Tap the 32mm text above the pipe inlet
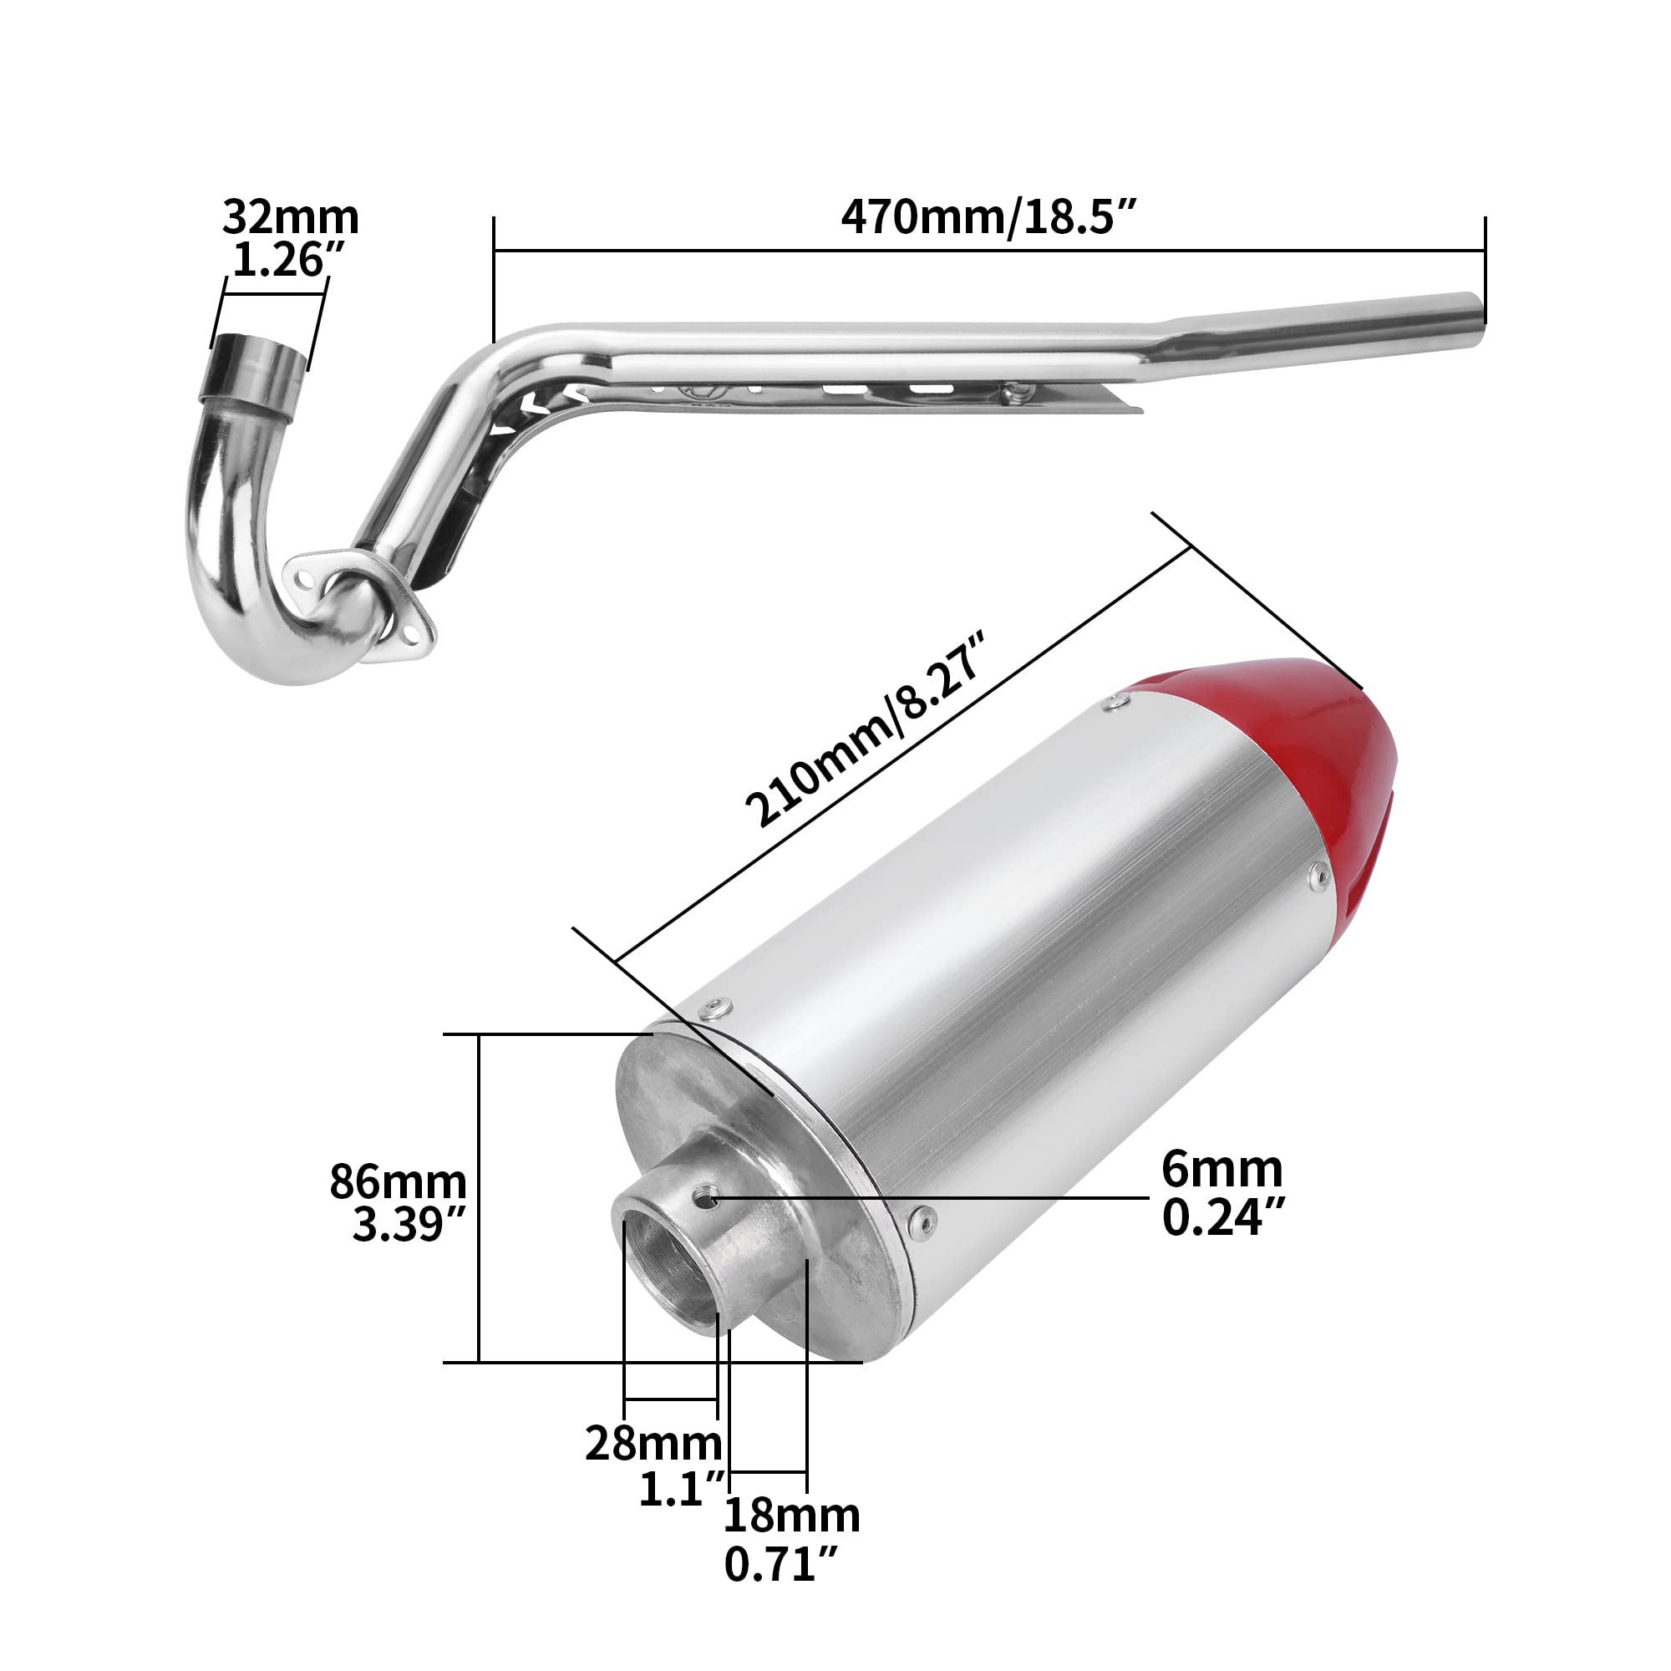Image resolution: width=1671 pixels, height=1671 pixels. (x=290, y=217)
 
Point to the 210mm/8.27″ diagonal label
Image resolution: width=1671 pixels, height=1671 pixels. (x=865, y=729)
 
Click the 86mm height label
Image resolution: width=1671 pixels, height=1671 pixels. (x=397, y=1181)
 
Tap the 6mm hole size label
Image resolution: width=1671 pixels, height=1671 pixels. (x=1222, y=1171)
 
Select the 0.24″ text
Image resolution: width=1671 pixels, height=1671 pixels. (x=1223, y=1218)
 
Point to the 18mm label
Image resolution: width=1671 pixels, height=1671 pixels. (x=790, y=1516)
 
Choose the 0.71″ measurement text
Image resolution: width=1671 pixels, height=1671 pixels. (x=781, y=1565)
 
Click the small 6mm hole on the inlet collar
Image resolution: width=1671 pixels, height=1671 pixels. (x=710, y=1199)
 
